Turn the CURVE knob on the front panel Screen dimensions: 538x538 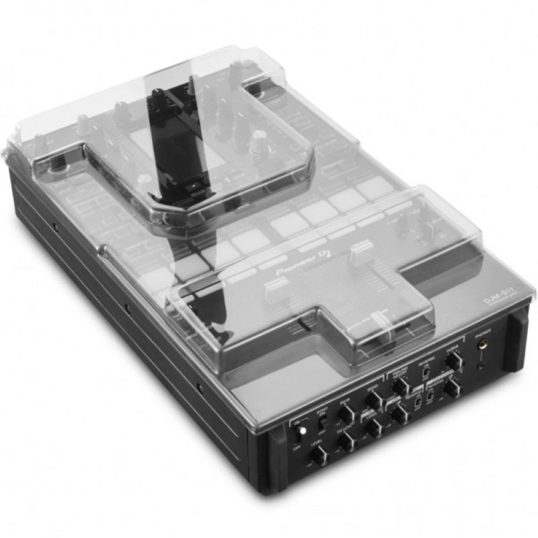tap(454, 361)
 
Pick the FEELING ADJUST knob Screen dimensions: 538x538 tap(401, 385)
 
